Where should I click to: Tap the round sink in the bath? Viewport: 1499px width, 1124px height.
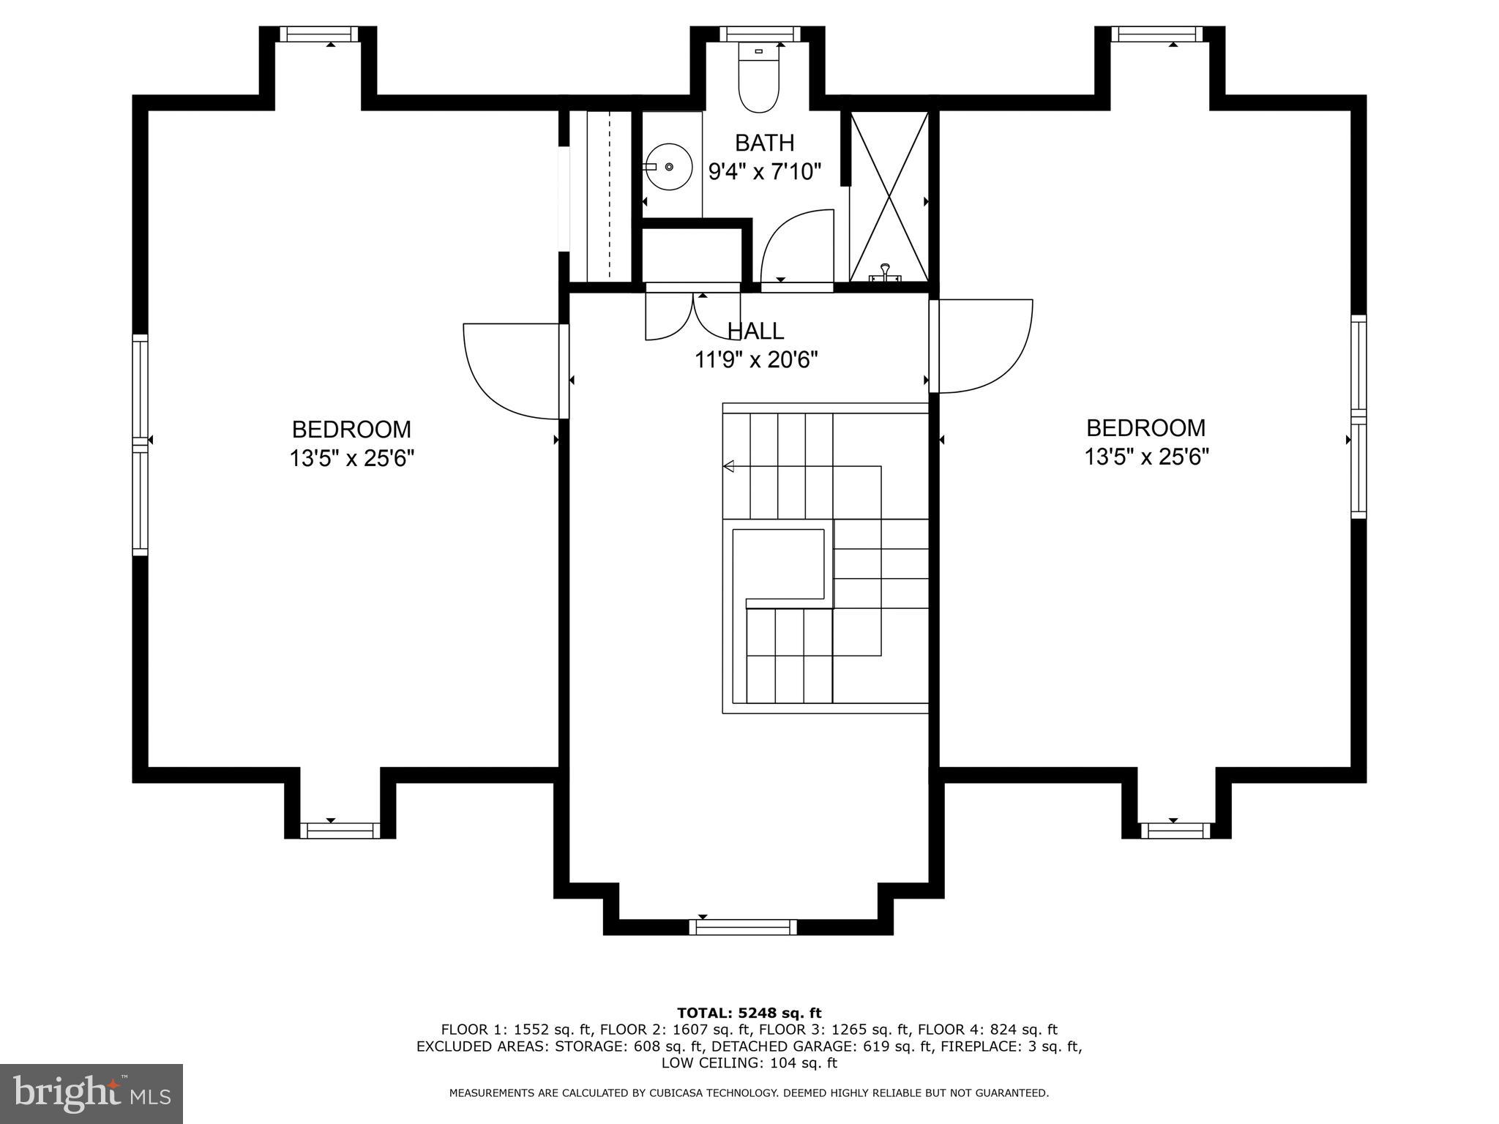coord(668,167)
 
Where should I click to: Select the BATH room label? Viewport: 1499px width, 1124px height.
coord(764,142)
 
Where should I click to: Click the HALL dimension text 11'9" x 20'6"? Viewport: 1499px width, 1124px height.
coord(755,360)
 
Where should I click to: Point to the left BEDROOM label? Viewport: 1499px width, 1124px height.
coord(351,429)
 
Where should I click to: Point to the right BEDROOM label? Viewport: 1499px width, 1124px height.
coord(1145,427)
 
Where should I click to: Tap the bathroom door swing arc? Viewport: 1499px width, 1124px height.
coord(794,245)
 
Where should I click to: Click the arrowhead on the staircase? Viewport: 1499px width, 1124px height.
coord(728,466)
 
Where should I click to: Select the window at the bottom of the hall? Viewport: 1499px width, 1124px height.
coord(742,927)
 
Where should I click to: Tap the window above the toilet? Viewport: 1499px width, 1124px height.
coord(759,34)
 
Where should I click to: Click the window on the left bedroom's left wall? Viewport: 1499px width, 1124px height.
coord(140,444)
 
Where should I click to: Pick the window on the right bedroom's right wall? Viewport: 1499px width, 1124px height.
coord(1358,416)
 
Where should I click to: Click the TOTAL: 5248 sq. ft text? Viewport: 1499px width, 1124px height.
coord(749,1014)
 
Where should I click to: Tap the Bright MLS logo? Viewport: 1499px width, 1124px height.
coord(91,1093)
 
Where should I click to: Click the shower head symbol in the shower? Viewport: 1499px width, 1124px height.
coord(885,272)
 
